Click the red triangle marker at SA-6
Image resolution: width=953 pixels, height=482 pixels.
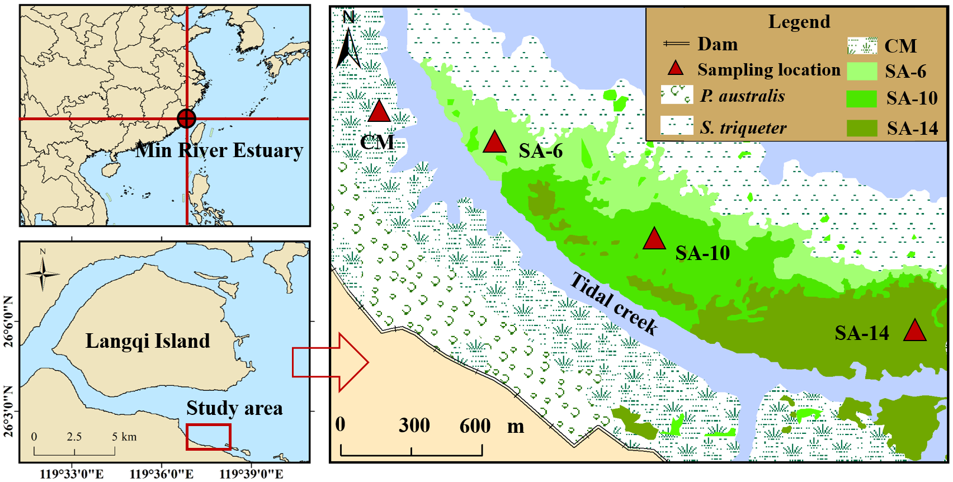click(x=494, y=143)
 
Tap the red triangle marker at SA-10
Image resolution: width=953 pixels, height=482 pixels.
click(x=654, y=240)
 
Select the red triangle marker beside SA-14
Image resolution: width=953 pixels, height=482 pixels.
click(x=914, y=331)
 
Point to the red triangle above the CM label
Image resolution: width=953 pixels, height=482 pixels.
click(x=379, y=112)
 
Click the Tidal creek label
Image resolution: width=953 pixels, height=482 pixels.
click(x=613, y=304)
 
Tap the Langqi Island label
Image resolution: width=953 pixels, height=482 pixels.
click(x=148, y=341)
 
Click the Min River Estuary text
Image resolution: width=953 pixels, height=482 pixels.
click(x=219, y=150)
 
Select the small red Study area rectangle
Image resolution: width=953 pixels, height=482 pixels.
click(x=208, y=437)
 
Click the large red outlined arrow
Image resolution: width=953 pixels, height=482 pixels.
click(x=330, y=362)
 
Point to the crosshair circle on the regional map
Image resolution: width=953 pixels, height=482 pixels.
click(x=186, y=119)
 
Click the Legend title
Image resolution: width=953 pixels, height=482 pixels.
click(x=799, y=22)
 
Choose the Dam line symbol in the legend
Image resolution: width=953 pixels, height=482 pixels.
click(x=676, y=44)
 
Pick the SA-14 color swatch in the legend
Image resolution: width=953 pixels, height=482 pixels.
click(x=862, y=128)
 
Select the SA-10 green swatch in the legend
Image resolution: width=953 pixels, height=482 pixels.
click(x=862, y=98)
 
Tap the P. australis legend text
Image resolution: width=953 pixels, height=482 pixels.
click(x=742, y=96)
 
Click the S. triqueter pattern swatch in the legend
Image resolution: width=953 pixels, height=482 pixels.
click(x=677, y=126)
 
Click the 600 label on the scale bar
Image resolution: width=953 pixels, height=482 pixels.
click(x=475, y=426)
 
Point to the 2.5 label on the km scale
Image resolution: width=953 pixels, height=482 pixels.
click(x=74, y=437)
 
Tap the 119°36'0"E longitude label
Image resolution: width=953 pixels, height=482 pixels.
click(x=162, y=474)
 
